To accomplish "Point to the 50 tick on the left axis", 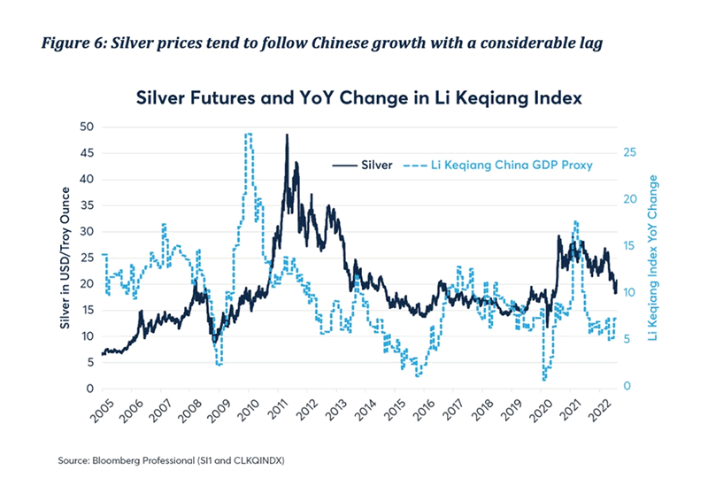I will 87,127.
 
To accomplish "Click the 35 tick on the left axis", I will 87,205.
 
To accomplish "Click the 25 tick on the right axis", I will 628,152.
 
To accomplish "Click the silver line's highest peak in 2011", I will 287,135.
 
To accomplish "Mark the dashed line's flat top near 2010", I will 249,135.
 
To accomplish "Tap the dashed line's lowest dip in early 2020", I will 543,379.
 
